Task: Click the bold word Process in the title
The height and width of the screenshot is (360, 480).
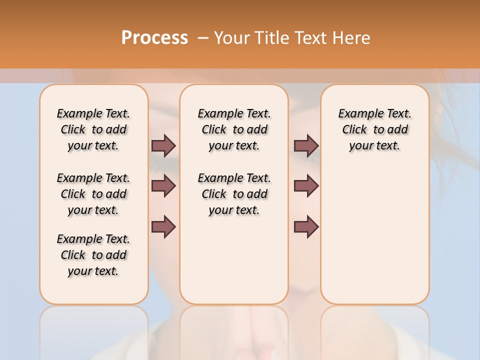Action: (154, 37)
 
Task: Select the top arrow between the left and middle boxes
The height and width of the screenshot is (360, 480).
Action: (163, 145)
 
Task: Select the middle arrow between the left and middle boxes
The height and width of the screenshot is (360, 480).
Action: (163, 186)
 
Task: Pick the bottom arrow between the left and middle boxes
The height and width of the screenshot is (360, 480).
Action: (163, 227)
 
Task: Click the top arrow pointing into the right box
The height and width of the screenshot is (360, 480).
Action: (306, 145)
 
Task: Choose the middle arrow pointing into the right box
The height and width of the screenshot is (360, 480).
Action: (306, 186)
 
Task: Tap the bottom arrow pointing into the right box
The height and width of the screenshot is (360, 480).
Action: (306, 227)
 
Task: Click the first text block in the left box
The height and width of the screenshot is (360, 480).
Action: (93, 129)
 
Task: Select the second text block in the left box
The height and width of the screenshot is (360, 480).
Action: (93, 194)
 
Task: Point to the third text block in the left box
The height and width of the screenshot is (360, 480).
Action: (93, 255)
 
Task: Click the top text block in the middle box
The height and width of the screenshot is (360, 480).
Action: (234, 129)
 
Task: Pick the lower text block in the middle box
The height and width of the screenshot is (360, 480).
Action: (234, 194)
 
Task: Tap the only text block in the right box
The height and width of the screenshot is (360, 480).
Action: (374, 129)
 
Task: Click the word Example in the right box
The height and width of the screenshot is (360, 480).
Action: (357, 114)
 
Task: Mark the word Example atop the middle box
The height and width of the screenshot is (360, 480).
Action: (216, 114)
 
